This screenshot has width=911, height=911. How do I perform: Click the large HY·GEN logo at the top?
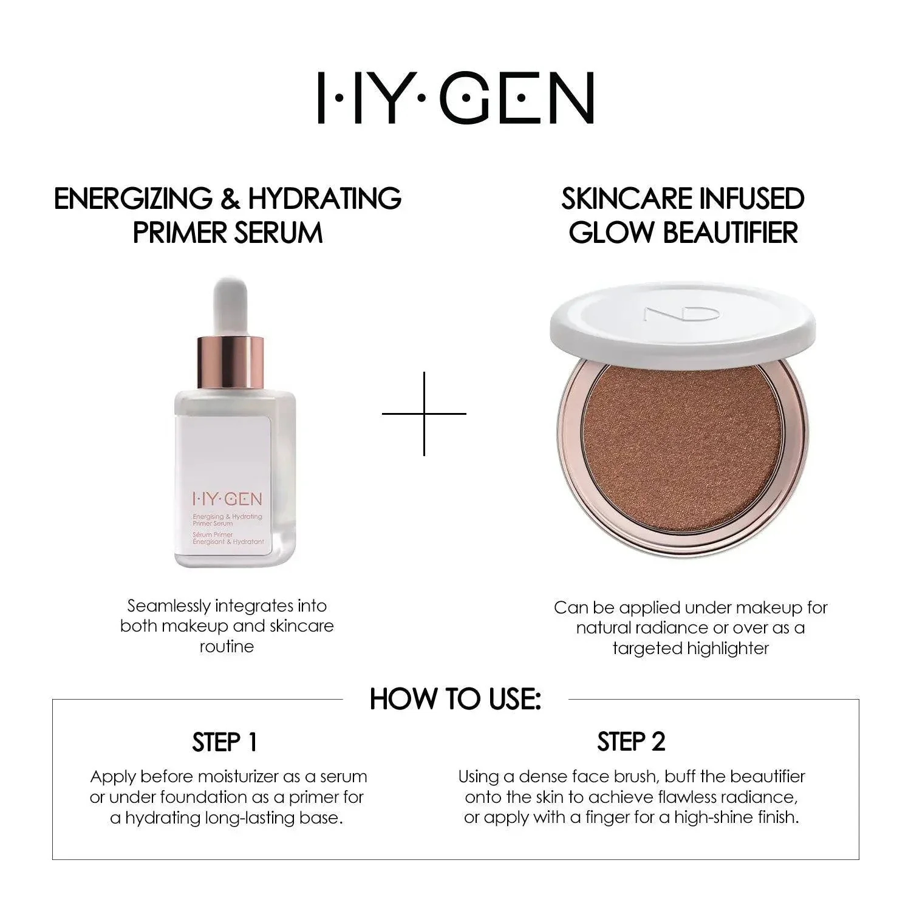[x=455, y=98]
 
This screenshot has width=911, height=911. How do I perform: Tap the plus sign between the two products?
[x=424, y=414]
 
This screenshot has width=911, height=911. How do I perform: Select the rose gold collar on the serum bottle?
[x=231, y=363]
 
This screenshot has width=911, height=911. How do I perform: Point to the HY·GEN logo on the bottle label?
[x=227, y=499]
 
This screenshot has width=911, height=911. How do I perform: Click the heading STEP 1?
[x=225, y=742]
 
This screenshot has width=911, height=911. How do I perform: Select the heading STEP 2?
[x=632, y=742]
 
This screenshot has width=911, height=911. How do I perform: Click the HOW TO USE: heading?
[x=455, y=698]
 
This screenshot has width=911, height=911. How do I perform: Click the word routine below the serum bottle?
[x=227, y=646]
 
